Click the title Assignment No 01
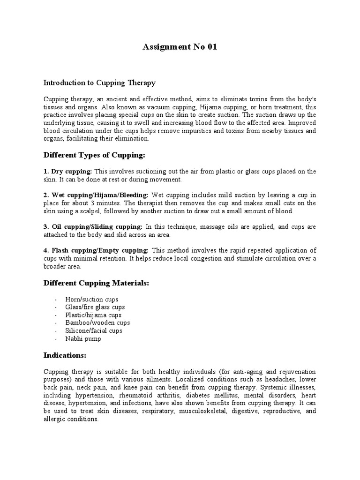point(180,47)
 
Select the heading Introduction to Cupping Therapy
point(99,83)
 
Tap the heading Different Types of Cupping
point(91,155)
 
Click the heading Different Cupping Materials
point(97,283)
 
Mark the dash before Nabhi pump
point(56,339)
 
